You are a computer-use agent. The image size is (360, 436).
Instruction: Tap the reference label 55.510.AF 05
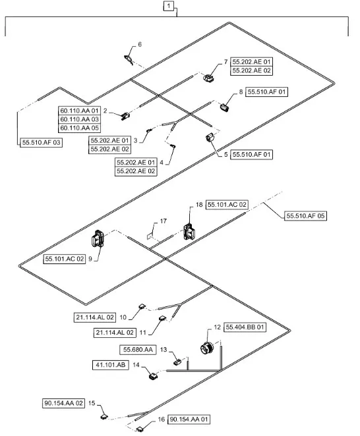point(305,215)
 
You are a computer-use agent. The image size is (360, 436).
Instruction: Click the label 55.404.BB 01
point(245,327)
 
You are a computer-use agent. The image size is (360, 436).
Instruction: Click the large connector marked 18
point(189,229)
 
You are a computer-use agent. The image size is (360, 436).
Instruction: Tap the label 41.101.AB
point(110,364)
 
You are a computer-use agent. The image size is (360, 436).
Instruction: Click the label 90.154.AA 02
point(64,403)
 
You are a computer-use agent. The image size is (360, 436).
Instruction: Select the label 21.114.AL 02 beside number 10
point(94,317)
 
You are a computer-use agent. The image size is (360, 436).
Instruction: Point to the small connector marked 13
point(177,361)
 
